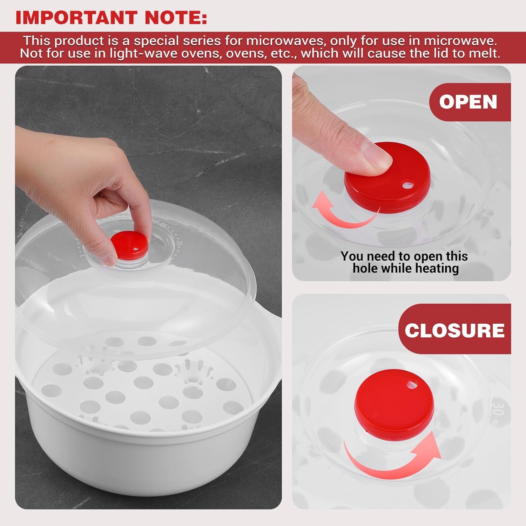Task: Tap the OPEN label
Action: point(468,102)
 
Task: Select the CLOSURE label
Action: point(454,330)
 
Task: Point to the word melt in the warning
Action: point(484,54)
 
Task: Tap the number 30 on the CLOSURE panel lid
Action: point(498,407)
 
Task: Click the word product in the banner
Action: point(79,41)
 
